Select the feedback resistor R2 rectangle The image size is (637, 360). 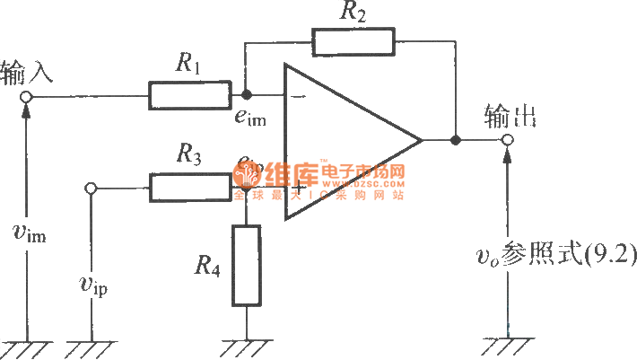pyautogui.click(x=353, y=41)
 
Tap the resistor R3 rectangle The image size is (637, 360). pyautogui.click(x=190, y=188)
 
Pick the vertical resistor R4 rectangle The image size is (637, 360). pyautogui.click(x=246, y=266)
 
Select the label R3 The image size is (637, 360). pyautogui.click(x=188, y=156)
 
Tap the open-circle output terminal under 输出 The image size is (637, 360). pyautogui.click(x=508, y=141)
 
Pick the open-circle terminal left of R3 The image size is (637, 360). pyautogui.click(x=91, y=188)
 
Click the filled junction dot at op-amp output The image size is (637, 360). pyautogui.click(x=456, y=141)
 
